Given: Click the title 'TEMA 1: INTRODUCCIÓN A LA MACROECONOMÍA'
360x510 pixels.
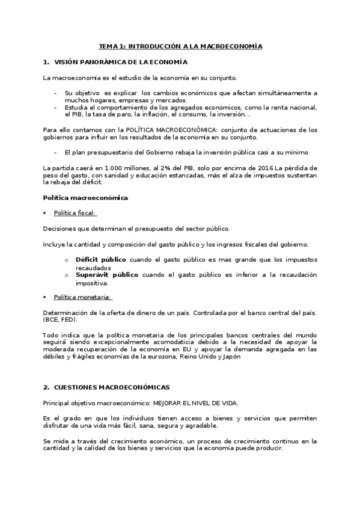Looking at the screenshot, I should [x=180, y=46].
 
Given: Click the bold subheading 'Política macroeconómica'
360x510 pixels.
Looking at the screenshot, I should [x=85, y=197].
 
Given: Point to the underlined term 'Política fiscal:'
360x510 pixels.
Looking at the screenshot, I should [x=75, y=213].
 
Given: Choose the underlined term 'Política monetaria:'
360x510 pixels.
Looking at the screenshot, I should [x=83, y=297].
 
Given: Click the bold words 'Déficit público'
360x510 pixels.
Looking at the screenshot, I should [x=101, y=260].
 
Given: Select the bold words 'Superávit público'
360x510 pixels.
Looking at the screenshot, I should [x=107, y=275].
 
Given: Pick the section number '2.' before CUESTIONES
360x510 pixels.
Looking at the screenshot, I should [x=46, y=387].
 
